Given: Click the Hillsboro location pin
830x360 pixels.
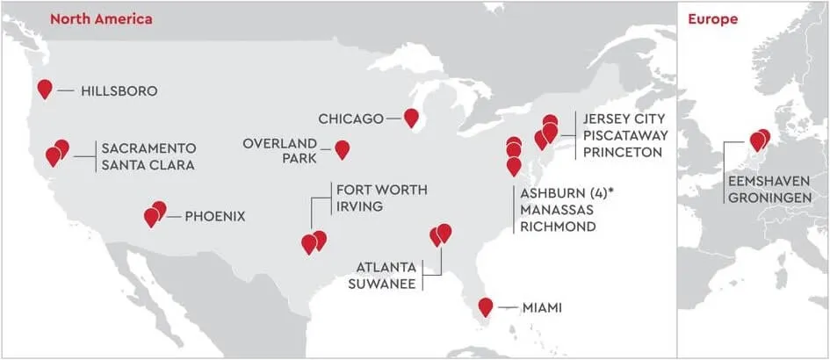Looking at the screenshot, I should (x=45, y=88).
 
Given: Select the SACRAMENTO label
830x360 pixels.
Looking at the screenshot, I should (x=148, y=148).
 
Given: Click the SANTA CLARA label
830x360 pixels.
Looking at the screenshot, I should (x=148, y=165).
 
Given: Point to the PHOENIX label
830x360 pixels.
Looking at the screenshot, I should (x=214, y=215).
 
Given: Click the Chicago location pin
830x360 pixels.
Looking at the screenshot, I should (x=410, y=117).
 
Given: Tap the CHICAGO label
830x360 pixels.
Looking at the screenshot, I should (x=351, y=119).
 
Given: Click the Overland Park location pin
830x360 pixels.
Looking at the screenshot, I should (x=343, y=149).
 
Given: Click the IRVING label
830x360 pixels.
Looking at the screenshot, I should (x=358, y=208).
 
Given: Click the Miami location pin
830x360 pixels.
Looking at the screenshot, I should (x=485, y=306).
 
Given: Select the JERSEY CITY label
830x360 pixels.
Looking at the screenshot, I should (x=624, y=119).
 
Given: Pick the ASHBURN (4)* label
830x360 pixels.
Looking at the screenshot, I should (x=567, y=193).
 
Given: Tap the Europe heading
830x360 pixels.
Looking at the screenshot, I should (x=711, y=18).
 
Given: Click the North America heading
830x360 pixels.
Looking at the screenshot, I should (x=101, y=18).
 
